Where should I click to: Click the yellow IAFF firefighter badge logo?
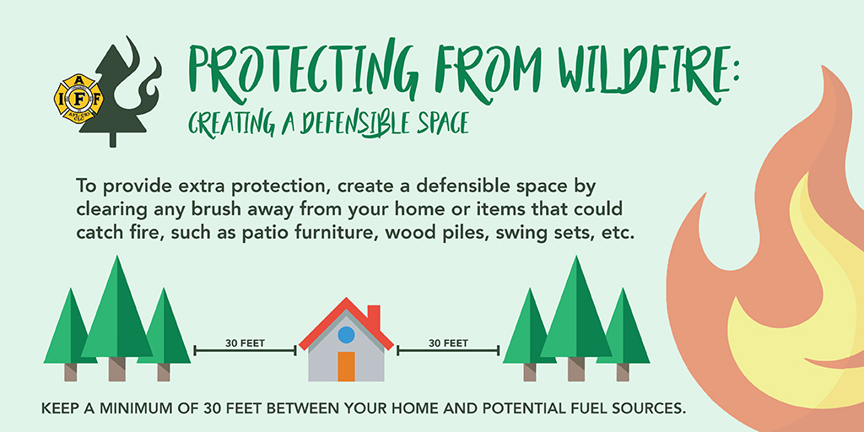pyautogui.click(x=78, y=99)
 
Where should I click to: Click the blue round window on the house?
pyautogui.click(x=346, y=334)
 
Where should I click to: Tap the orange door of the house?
pyautogui.click(x=346, y=366)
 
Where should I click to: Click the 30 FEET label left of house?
pyautogui.click(x=246, y=343)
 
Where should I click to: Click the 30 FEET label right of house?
pyautogui.click(x=449, y=343)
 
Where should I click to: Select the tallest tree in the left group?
pyautogui.click(x=116, y=317)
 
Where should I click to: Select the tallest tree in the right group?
pyautogui.click(x=576, y=317)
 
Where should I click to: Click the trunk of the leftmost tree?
pyautogui.click(x=71, y=372)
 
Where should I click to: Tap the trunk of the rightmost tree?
pyautogui.click(x=623, y=372)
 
